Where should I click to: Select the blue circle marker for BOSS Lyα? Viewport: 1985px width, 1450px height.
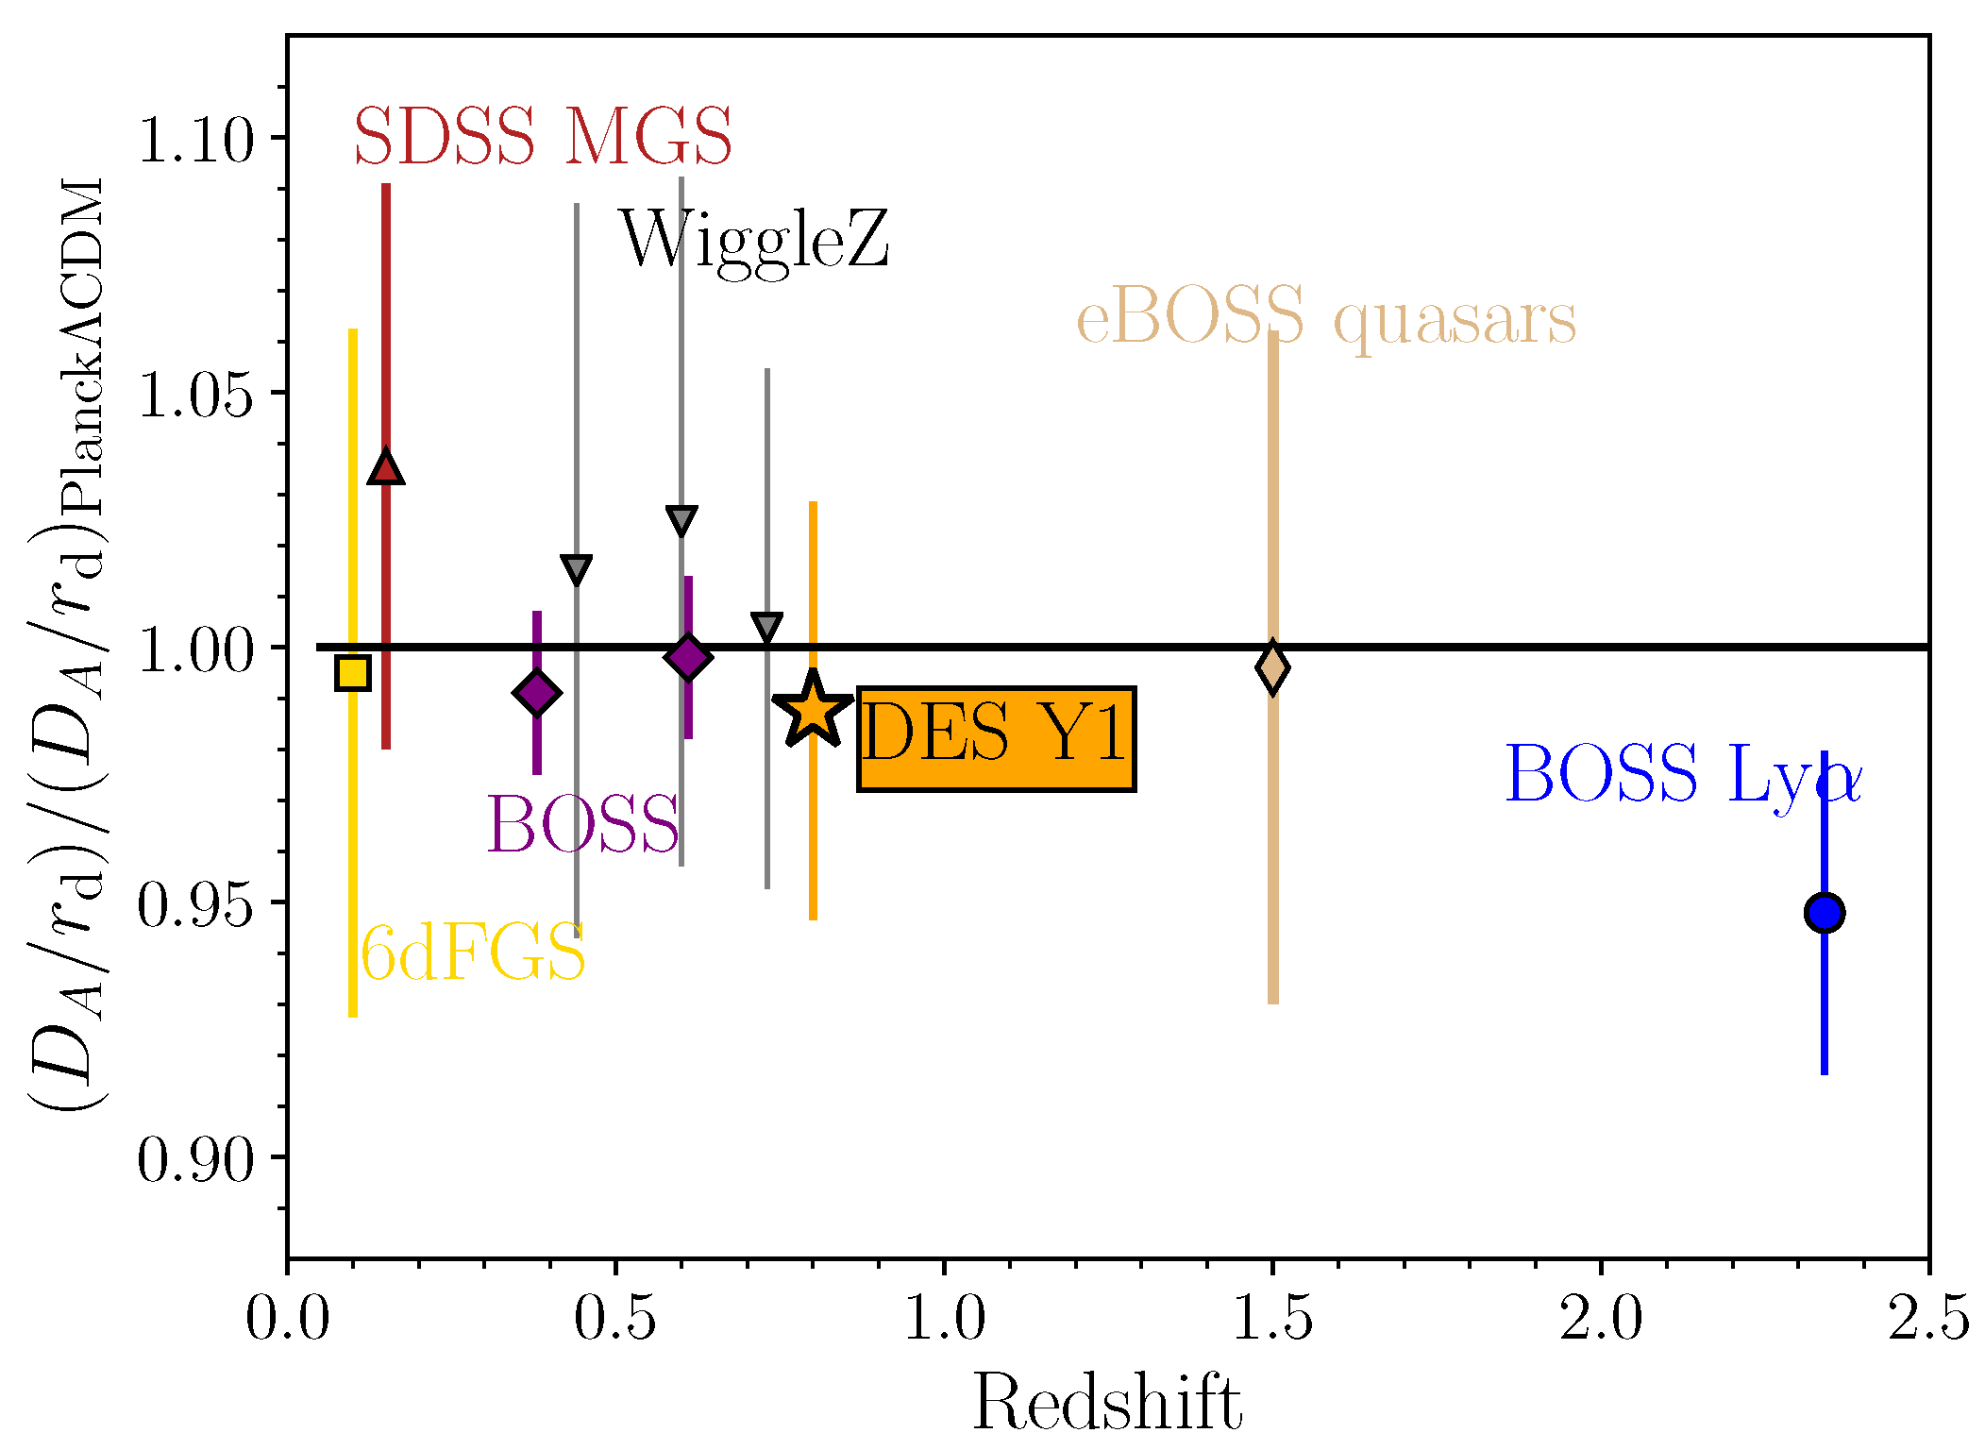point(1824,913)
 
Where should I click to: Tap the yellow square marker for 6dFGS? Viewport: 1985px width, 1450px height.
point(353,673)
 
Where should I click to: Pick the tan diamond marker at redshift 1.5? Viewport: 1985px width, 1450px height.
point(1272,667)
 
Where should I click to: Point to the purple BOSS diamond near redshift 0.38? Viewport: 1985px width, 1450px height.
point(536,694)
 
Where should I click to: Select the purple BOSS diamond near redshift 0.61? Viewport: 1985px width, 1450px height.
point(688,657)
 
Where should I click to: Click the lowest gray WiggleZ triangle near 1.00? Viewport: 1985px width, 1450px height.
point(767,626)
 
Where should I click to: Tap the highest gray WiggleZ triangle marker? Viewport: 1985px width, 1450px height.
point(681,520)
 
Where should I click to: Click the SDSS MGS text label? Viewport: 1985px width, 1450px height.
point(543,137)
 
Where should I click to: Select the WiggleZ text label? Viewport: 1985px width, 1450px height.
point(753,242)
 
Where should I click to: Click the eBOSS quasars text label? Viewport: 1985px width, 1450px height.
point(1326,318)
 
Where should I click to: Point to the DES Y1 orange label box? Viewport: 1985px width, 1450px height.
point(996,738)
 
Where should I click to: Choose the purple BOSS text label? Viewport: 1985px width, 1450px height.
point(582,824)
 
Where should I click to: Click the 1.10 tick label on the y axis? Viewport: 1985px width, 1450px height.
point(196,139)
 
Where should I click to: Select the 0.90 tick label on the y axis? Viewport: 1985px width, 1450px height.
point(196,1158)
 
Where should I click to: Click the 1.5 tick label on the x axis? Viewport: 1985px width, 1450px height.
point(1272,1319)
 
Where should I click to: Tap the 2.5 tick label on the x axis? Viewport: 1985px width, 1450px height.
point(1927,1319)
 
